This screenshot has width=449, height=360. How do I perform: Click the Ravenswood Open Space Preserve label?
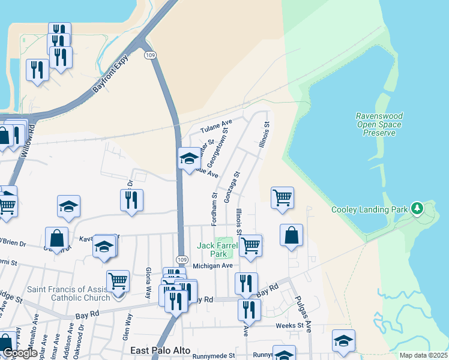pos(379,124)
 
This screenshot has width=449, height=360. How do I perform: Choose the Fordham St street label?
pos(214,209)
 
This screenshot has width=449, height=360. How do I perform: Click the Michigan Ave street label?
pos(212,265)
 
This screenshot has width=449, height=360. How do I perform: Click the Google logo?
pos(20,353)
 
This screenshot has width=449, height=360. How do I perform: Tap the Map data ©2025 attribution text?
pos(423,355)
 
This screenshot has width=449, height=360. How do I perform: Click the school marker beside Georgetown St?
pos(189,159)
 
